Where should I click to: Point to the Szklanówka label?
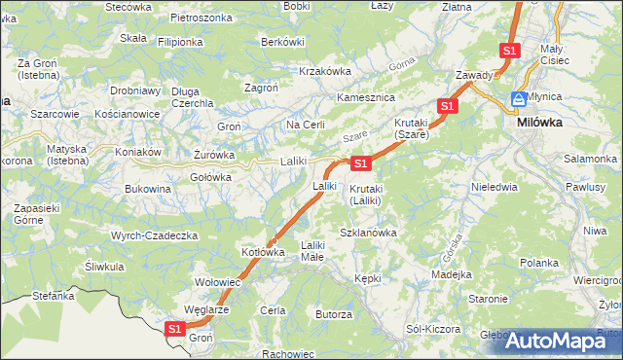pyautogui.click(x=368, y=233)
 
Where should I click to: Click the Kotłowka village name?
pyautogui.click(x=263, y=252)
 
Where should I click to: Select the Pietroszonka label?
pyautogui.click(x=202, y=18)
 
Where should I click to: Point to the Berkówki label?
pyautogui.click(x=283, y=42)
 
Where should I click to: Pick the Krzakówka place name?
pyautogui.click(x=325, y=71)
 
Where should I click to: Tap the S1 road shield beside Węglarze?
pyautogui.click(x=174, y=330)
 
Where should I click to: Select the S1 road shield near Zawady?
pyautogui.click(x=509, y=51)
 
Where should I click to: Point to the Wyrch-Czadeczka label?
pyautogui.click(x=155, y=235)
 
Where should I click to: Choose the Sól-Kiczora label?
pyautogui.click(x=433, y=329)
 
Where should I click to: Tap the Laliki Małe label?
pyautogui.click(x=311, y=251)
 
